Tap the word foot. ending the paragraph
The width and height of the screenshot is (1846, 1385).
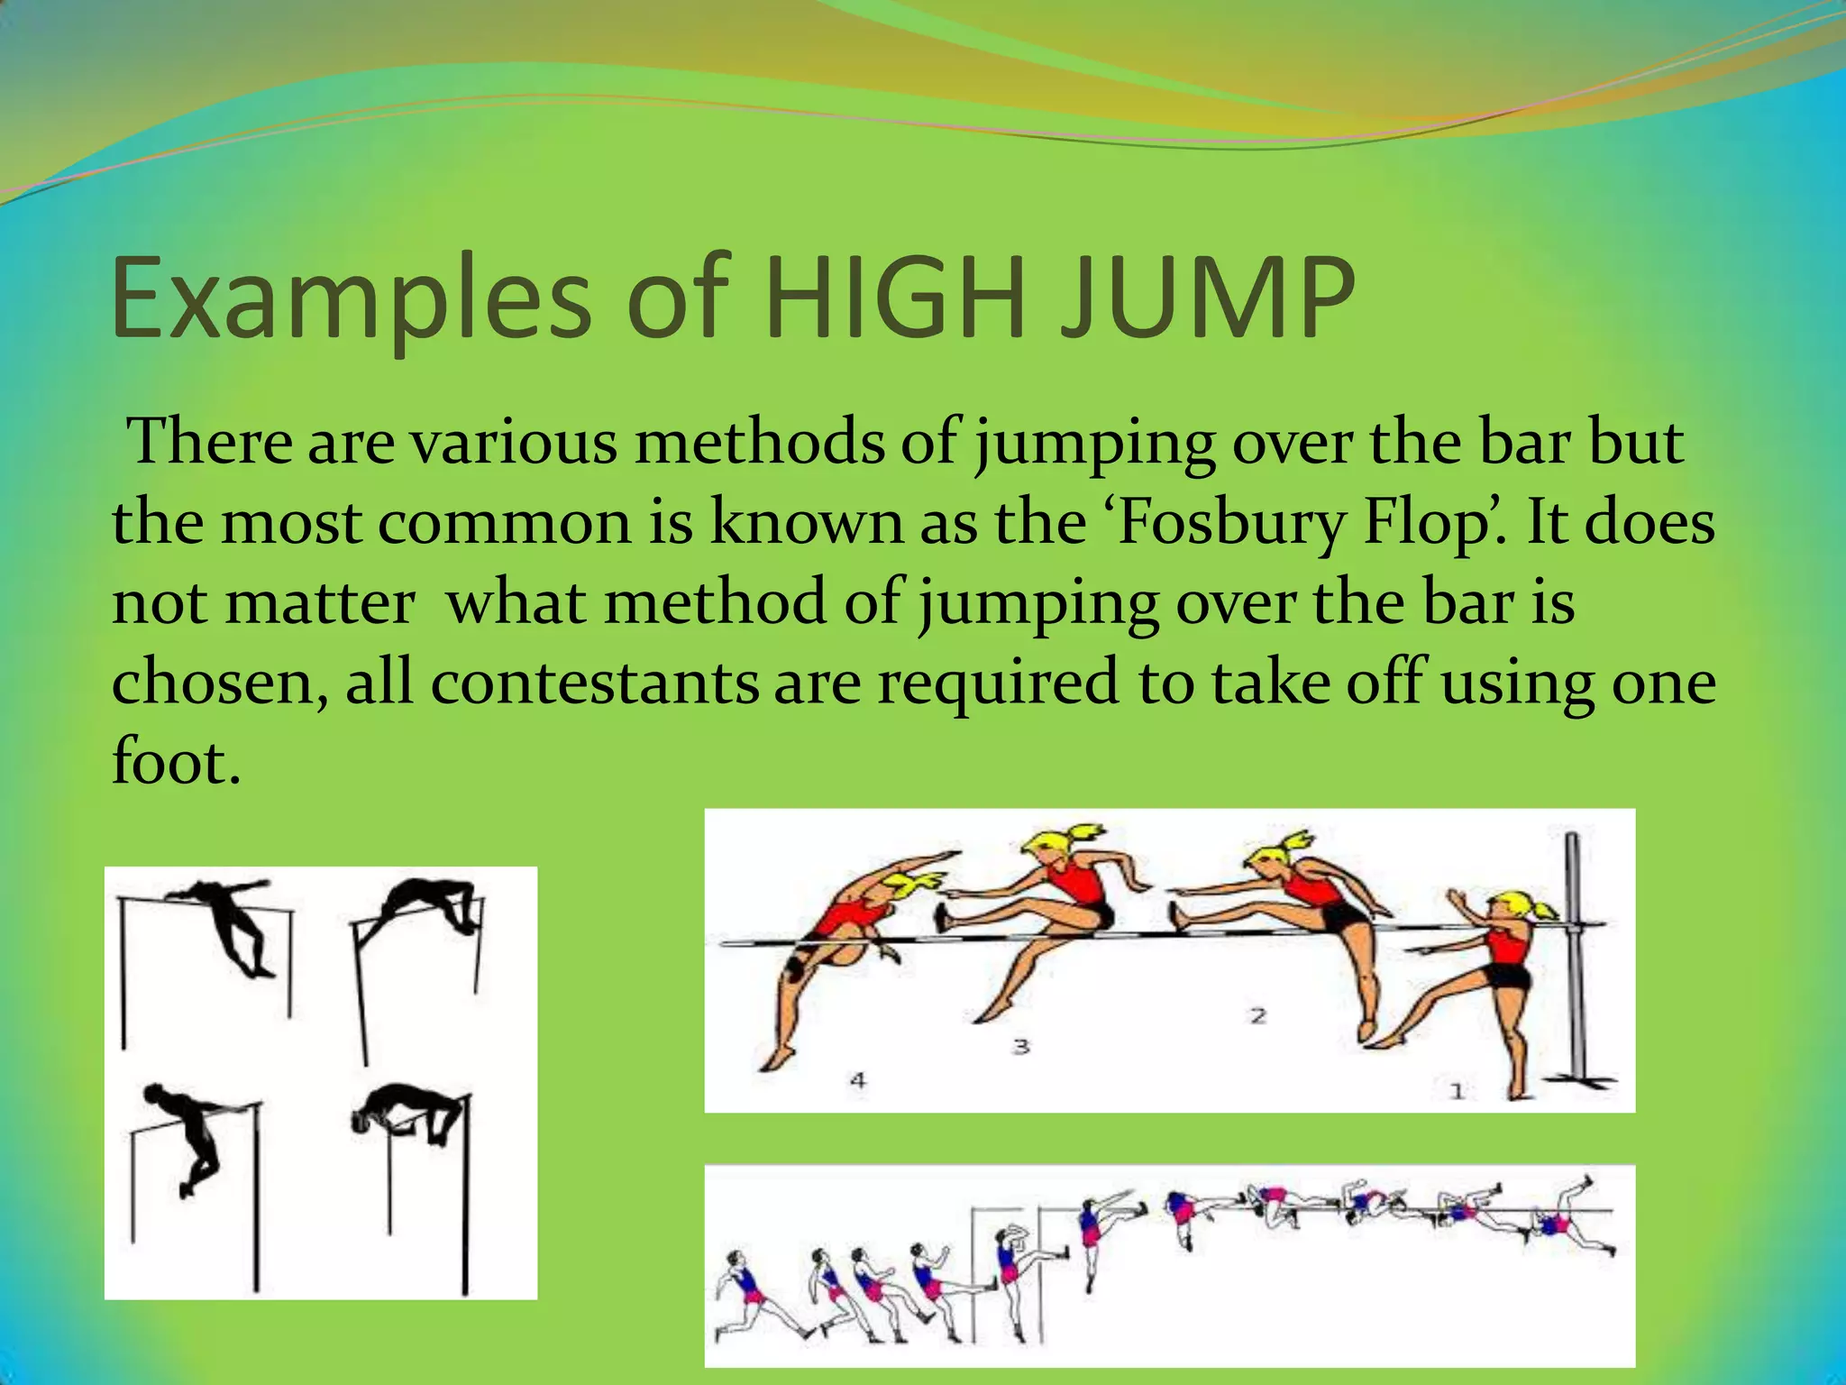coord(177,762)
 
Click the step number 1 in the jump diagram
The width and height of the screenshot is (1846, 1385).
coord(1457,1092)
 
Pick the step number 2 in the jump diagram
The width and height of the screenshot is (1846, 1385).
coord(1258,1016)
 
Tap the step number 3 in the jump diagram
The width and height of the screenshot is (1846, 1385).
coord(1020,1046)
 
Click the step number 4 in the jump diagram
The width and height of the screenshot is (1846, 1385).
coord(858,1079)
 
